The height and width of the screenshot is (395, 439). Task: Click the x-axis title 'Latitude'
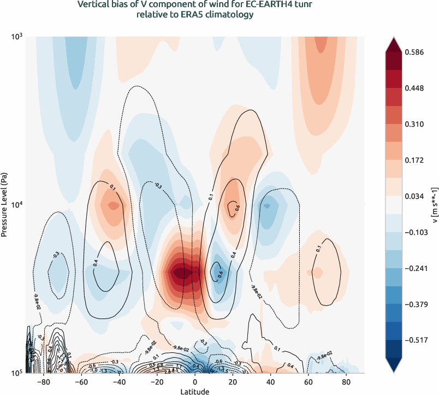[x=195, y=391]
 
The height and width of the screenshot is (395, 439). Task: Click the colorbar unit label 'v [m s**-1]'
[x=434, y=204]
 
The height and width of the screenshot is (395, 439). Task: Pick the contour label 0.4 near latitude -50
[x=97, y=263]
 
